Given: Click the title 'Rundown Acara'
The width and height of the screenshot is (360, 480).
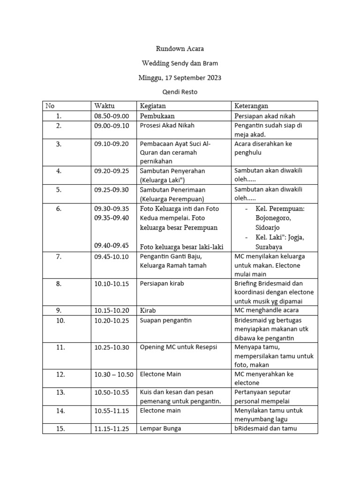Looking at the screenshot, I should (x=180, y=49).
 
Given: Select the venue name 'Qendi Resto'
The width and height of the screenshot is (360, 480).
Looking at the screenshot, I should (x=180, y=92).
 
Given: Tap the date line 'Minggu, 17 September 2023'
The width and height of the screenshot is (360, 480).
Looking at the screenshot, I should (x=180, y=77).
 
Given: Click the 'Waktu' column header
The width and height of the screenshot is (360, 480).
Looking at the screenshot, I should (x=104, y=106).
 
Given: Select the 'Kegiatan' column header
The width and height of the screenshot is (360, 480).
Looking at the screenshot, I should (x=153, y=106).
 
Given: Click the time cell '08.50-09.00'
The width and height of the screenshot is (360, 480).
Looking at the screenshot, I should (x=111, y=116).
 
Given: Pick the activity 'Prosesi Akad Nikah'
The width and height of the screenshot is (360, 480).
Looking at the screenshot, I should (x=167, y=126).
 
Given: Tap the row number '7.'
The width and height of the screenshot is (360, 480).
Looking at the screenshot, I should (x=59, y=256).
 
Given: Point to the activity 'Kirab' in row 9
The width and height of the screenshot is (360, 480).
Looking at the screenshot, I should (x=148, y=310).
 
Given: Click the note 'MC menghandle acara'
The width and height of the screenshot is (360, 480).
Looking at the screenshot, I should (x=266, y=310).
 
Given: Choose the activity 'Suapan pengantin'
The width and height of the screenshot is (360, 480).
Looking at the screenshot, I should (x=166, y=320).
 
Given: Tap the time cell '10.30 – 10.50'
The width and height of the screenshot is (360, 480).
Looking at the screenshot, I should (x=114, y=375).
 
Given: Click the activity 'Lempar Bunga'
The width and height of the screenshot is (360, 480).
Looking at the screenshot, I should (x=160, y=428).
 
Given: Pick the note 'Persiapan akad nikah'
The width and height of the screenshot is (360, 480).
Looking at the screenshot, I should (x=265, y=116).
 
